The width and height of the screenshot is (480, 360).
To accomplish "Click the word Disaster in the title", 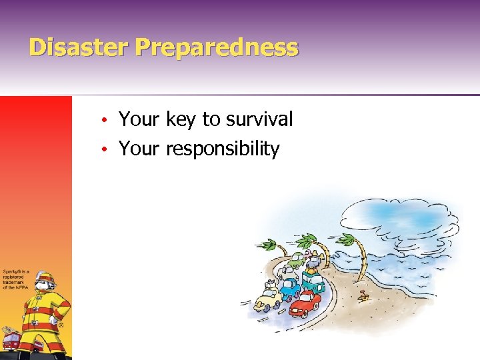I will click(x=79, y=47).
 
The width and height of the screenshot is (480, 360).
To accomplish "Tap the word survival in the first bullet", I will click(x=259, y=119).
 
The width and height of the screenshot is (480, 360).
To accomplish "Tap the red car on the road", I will click(x=305, y=303).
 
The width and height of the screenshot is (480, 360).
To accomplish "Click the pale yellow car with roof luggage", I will click(x=269, y=297).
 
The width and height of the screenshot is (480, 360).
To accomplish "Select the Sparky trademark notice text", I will click(x=15, y=280).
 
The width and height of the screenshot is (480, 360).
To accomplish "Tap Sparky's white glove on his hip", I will click(x=53, y=319).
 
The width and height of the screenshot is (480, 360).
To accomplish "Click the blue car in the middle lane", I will click(x=289, y=288).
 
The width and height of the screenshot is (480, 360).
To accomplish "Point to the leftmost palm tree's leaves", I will click(x=269, y=245).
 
